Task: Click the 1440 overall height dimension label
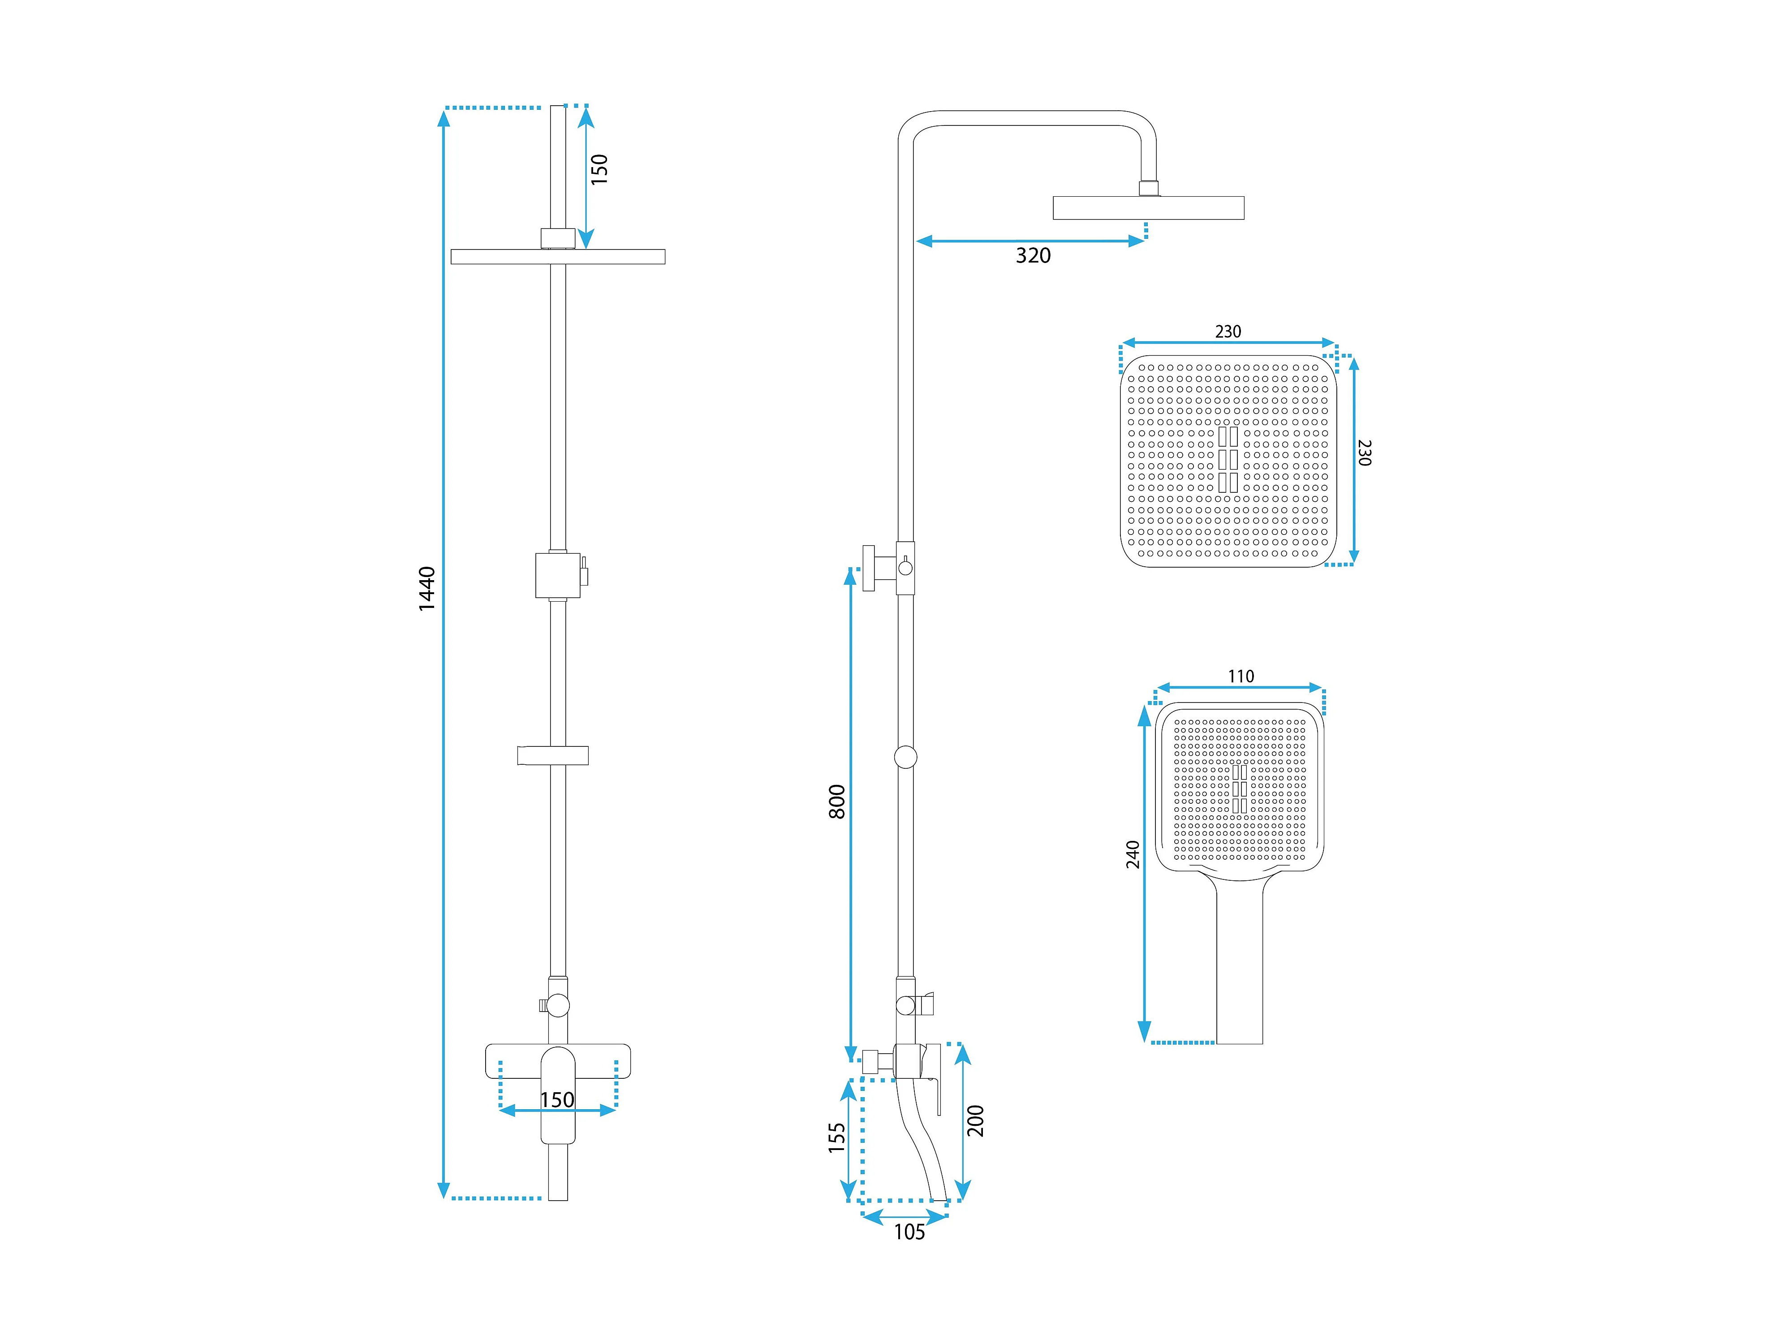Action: coord(427,589)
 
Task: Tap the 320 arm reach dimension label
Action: coord(1033,256)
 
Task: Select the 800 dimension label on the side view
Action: coord(837,802)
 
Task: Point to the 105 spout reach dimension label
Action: coord(909,1232)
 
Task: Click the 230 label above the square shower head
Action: coord(1228,332)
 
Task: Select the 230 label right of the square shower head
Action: coord(1364,452)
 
